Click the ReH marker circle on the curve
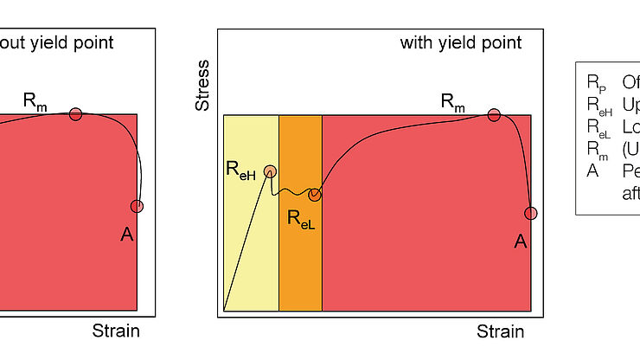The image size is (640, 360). (x=270, y=171)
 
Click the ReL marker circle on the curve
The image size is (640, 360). (x=315, y=195)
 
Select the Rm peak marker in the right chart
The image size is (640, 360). (x=494, y=114)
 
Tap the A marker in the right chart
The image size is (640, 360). (x=531, y=213)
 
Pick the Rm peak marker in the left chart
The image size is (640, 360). (x=75, y=113)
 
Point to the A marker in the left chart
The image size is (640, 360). (x=137, y=206)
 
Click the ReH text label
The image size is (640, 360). (x=240, y=172)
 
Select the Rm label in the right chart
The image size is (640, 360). (x=453, y=100)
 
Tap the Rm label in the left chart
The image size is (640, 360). (x=35, y=100)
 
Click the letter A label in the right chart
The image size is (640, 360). (x=520, y=241)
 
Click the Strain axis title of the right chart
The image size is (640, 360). (x=500, y=332)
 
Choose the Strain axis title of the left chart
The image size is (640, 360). (x=116, y=331)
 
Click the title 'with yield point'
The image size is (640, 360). (x=461, y=42)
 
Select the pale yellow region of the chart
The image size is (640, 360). (x=251, y=251)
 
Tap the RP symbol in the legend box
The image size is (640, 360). (x=596, y=83)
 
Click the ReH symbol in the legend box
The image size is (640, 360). (x=598, y=105)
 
